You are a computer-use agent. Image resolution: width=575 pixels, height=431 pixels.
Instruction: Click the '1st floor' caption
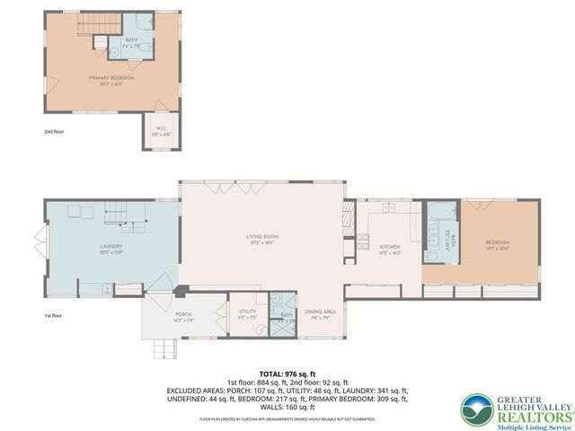tap(55, 316)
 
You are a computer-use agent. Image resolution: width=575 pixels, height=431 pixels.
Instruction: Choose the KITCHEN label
tap(389, 248)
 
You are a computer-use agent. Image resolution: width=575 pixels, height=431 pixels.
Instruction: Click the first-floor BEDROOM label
tap(498, 244)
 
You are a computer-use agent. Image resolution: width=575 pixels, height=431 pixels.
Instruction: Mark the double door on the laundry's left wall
tap(37, 242)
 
